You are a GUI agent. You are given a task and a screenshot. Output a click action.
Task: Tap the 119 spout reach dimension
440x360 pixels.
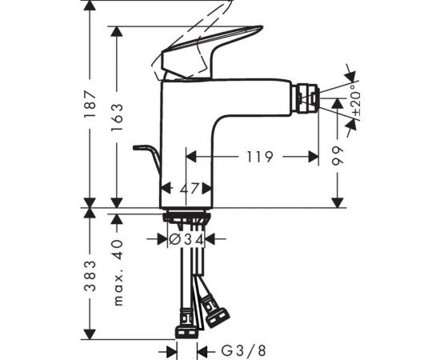click(x=260, y=156)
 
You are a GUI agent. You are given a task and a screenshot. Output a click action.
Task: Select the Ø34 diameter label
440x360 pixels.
click(x=186, y=239)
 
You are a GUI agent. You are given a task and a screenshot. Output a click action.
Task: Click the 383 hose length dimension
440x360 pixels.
click(x=91, y=275)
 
